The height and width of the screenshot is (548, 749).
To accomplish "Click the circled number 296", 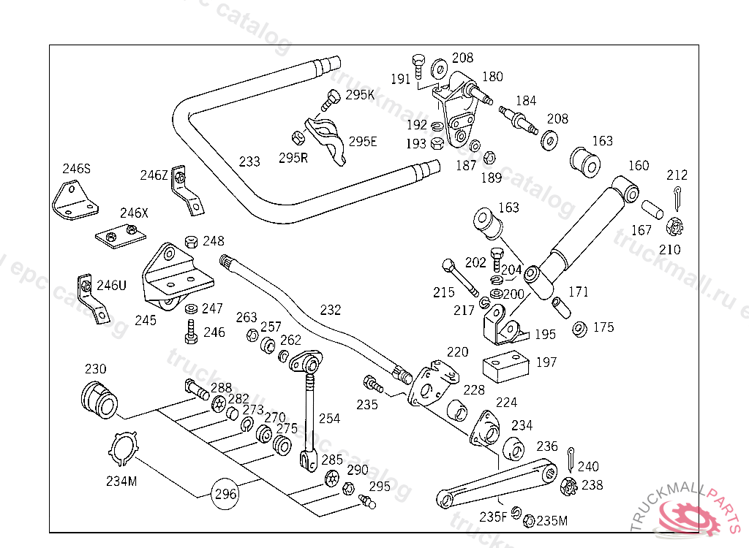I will [x=225, y=495].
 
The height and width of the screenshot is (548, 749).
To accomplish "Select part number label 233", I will [x=249, y=161].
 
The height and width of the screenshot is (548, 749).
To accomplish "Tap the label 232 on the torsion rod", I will [x=331, y=310].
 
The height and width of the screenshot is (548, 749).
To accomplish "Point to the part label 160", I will [x=638, y=166].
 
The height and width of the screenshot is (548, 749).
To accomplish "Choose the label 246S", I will [x=76, y=169].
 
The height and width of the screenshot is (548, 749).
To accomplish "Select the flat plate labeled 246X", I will [x=121, y=235].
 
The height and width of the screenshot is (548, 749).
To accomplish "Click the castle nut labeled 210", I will [x=675, y=227].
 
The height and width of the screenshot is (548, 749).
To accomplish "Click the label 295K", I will [x=360, y=95].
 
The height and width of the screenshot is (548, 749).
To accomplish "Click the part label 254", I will [x=329, y=419].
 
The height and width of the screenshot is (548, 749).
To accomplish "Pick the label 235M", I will [x=552, y=520].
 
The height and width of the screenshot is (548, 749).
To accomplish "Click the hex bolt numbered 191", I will [x=418, y=64].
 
